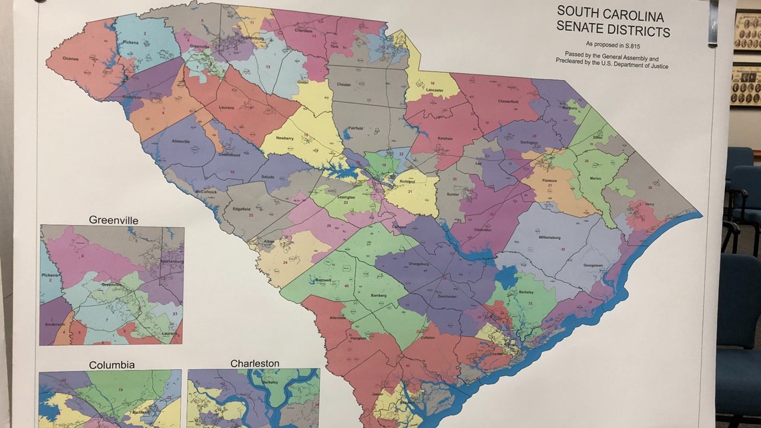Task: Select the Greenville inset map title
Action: pyautogui.click(x=111, y=220)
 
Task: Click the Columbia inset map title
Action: pyautogui.click(x=111, y=365)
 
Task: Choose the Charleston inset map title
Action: pyautogui.click(x=254, y=363)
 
